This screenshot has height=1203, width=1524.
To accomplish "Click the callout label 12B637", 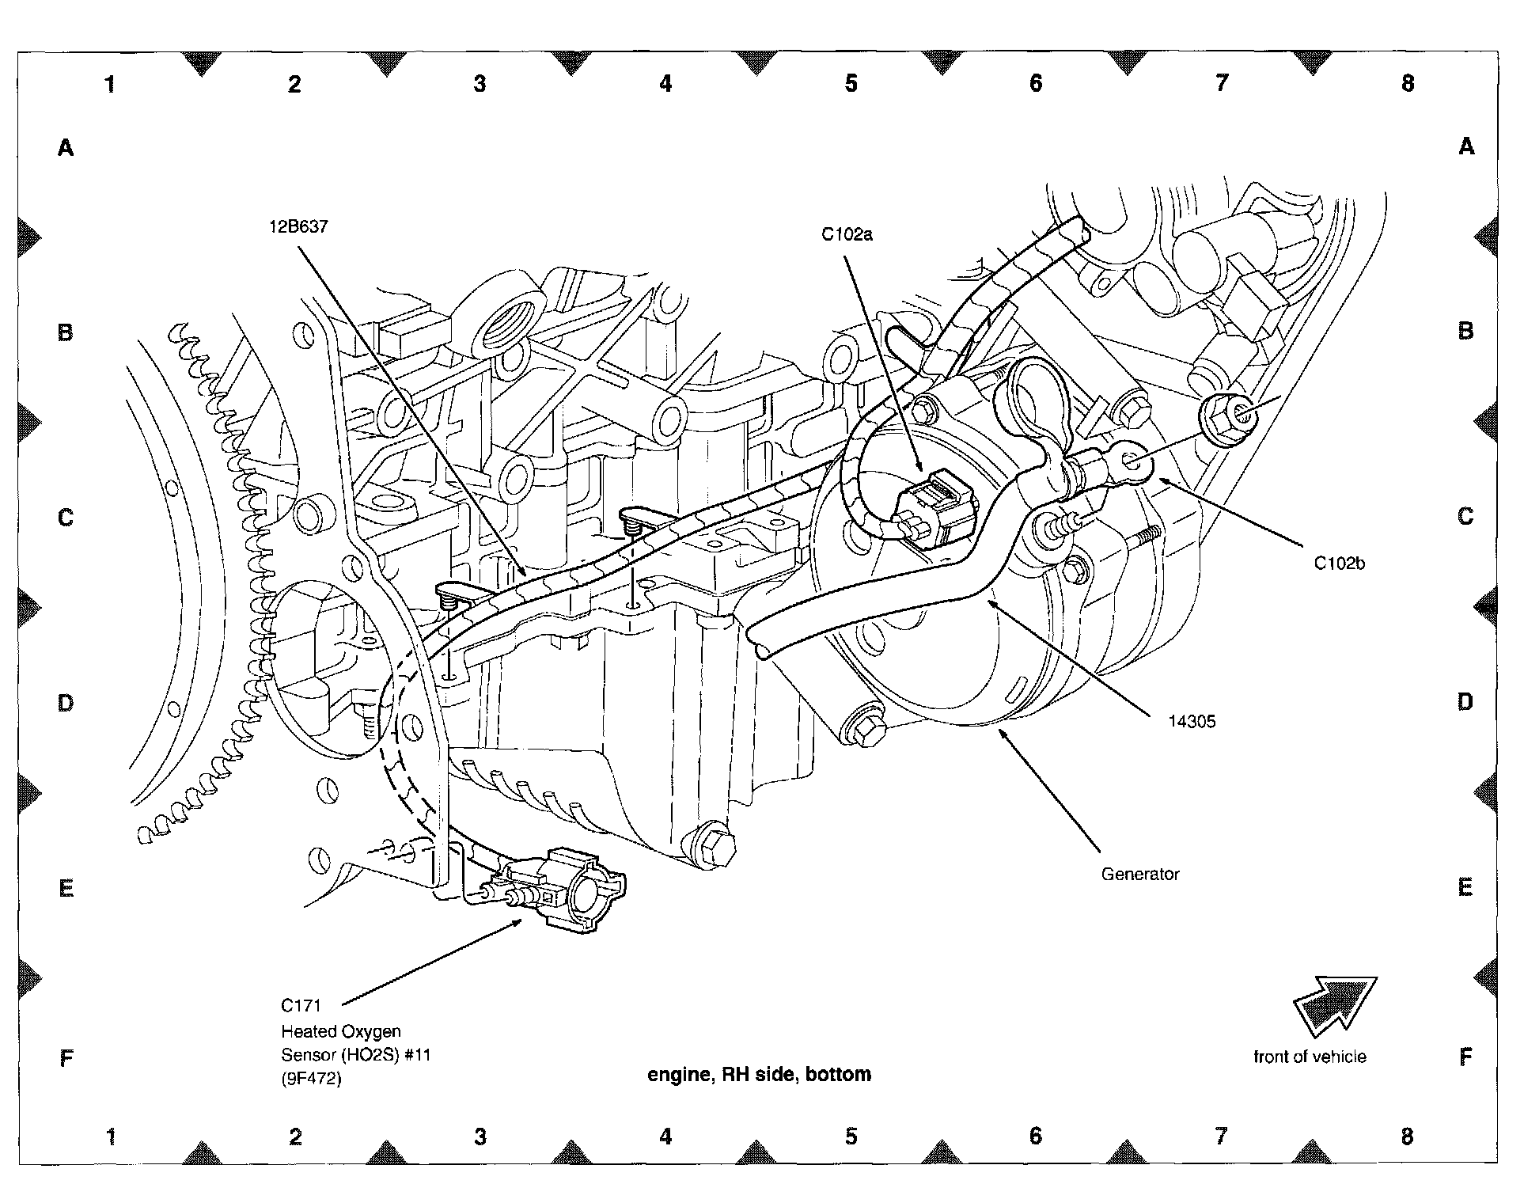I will tap(298, 227).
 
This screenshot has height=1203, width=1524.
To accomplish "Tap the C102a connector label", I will tap(846, 234).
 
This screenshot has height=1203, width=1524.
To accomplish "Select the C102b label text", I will tap(1339, 564).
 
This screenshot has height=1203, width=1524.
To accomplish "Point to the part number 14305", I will tap(1192, 721).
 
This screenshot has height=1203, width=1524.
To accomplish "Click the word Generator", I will tap(1139, 875).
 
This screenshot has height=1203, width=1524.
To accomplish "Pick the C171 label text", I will tap(301, 1006).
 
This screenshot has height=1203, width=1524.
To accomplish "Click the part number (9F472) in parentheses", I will tap(311, 1079).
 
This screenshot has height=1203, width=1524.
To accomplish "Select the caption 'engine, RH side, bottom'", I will tap(759, 1074).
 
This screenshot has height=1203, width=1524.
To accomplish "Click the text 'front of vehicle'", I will tap(1310, 1057).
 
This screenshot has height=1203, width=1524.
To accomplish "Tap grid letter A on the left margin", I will tap(66, 147).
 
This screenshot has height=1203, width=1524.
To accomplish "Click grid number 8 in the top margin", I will tap(1407, 83).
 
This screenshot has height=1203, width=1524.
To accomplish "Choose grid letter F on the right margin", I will tap(1465, 1057).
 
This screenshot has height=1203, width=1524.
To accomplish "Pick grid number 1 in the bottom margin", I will tap(111, 1137).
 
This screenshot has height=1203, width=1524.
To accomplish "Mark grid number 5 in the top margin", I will tap(851, 83).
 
